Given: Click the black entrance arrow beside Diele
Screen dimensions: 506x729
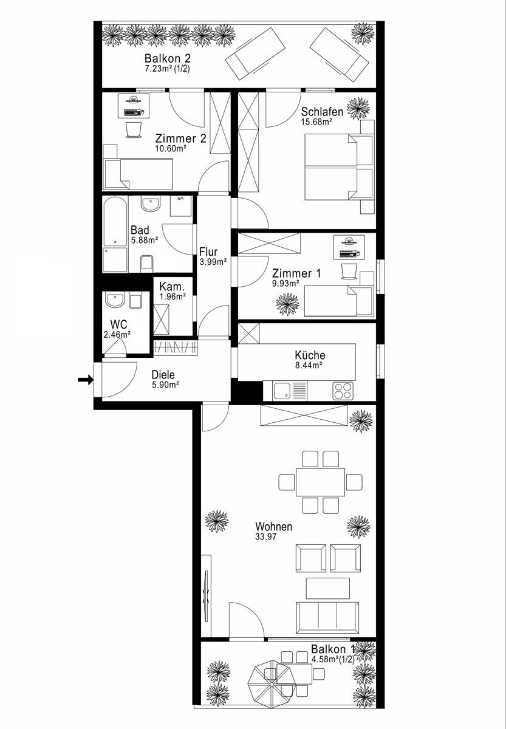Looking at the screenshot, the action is pyautogui.click(x=86, y=380).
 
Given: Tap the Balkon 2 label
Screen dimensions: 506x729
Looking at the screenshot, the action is pyautogui.click(x=168, y=58).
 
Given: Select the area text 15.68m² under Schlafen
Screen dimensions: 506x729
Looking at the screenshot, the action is pyautogui.click(x=316, y=122).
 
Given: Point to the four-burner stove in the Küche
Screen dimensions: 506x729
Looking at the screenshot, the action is pyautogui.click(x=343, y=391).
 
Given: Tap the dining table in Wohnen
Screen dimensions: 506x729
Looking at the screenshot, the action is pyautogui.click(x=320, y=482).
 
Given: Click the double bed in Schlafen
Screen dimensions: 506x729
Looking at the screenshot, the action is pyautogui.click(x=339, y=166).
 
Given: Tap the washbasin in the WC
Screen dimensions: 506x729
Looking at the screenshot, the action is pyautogui.click(x=115, y=299).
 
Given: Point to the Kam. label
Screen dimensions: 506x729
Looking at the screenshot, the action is pyautogui.click(x=172, y=287).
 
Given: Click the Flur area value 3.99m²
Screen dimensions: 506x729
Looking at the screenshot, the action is pyautogui.click(x=213, y=262).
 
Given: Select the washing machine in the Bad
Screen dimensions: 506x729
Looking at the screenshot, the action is pyautogui.click(x=181, y=206).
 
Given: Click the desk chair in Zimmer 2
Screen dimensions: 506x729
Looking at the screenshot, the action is pyautogui.click(x=134, y=129).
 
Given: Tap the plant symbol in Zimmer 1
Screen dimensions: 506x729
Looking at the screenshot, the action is pyautogui.click(x=287, y=304).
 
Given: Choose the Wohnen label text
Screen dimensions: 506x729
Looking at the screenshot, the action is pyautogui.click(x=273, y=526).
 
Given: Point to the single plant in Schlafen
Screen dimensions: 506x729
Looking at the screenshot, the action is pyautogui.click(x=358, y=109).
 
